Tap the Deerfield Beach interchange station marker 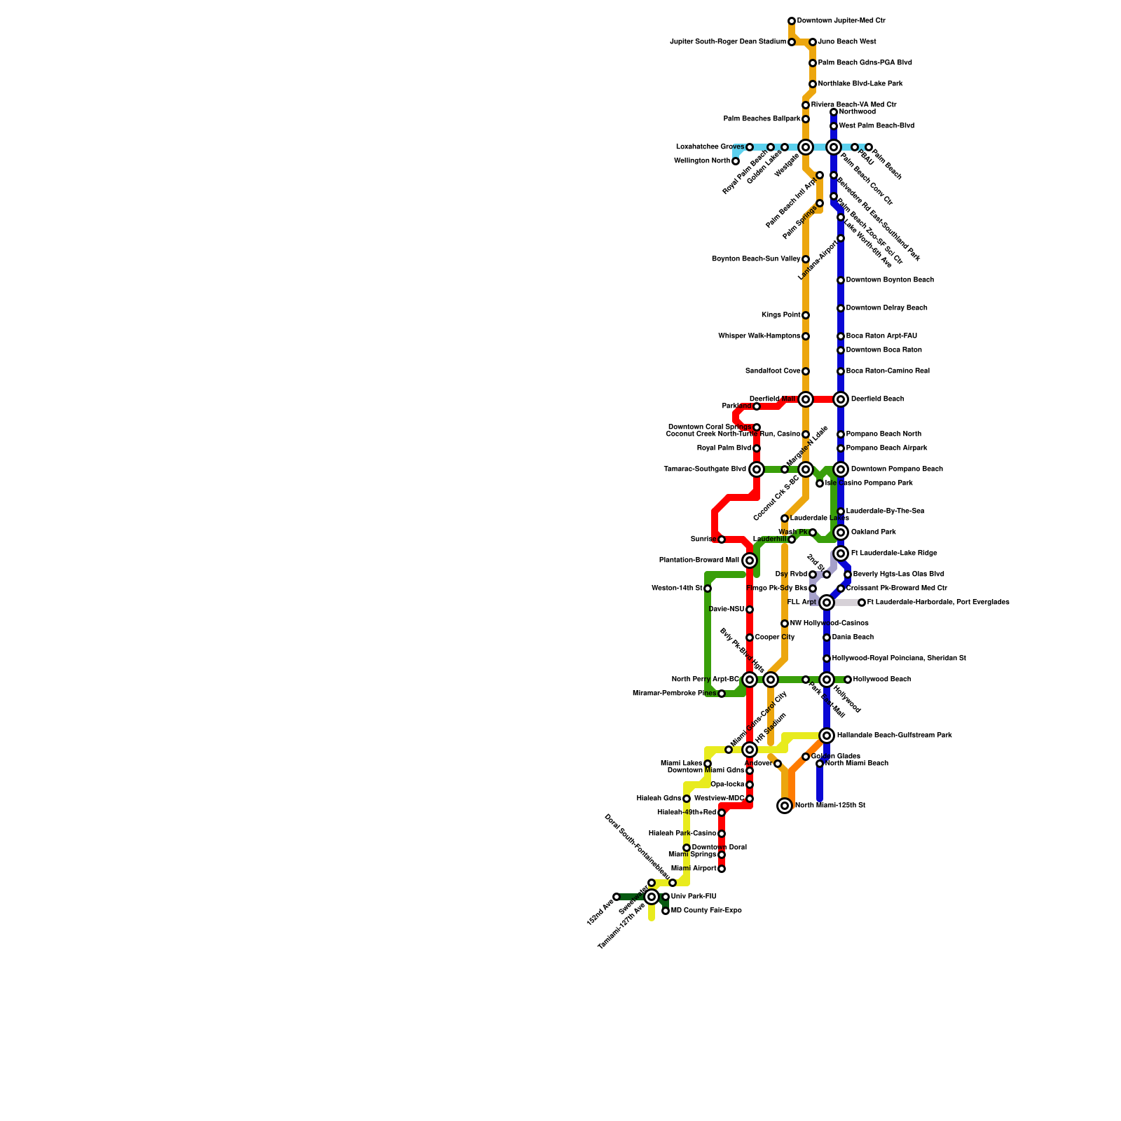[x=841, y=399]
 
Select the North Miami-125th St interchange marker [x=785, y=806]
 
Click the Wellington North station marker [x=736, y=161]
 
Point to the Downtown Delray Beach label [x=886, y=308]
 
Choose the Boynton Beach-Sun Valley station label [x=756, y=259]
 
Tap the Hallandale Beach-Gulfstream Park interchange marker [x=827, y=736]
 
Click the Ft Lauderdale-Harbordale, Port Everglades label [x=938, y=603]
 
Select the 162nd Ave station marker [x=617, y=897]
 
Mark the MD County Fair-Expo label [x=706, y=911]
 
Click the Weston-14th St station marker [x=708, y=589]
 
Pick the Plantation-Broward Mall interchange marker [x=750, y=560]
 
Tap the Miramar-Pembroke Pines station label [x=674, y=694]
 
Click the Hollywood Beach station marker [x=848, y=680]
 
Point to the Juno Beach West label [x=847, y=42]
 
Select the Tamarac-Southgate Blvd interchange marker [x=757, y=469]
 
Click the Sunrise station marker [x=722, y=539]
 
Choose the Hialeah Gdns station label [x=659, y=799]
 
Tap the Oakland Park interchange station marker [x=841, y=532]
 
